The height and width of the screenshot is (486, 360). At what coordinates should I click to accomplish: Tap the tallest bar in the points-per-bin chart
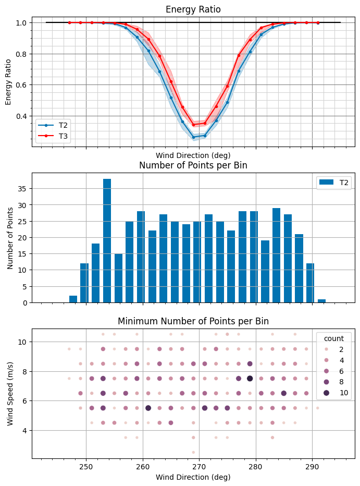(x=107, y=240)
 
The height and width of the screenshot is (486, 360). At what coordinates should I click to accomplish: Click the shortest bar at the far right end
(x=321, y=301)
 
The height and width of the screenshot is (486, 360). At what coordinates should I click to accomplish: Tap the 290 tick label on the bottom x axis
(x=312, y=465)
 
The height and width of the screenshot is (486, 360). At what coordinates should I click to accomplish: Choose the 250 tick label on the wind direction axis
(x=86, y=465)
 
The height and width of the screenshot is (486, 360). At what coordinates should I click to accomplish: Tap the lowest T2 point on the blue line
(x=193, y=137)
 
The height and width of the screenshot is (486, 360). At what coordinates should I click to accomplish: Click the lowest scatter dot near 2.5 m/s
(x=193, y=452)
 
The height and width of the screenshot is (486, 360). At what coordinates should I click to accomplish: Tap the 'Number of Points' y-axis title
(x=11, y=237)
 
